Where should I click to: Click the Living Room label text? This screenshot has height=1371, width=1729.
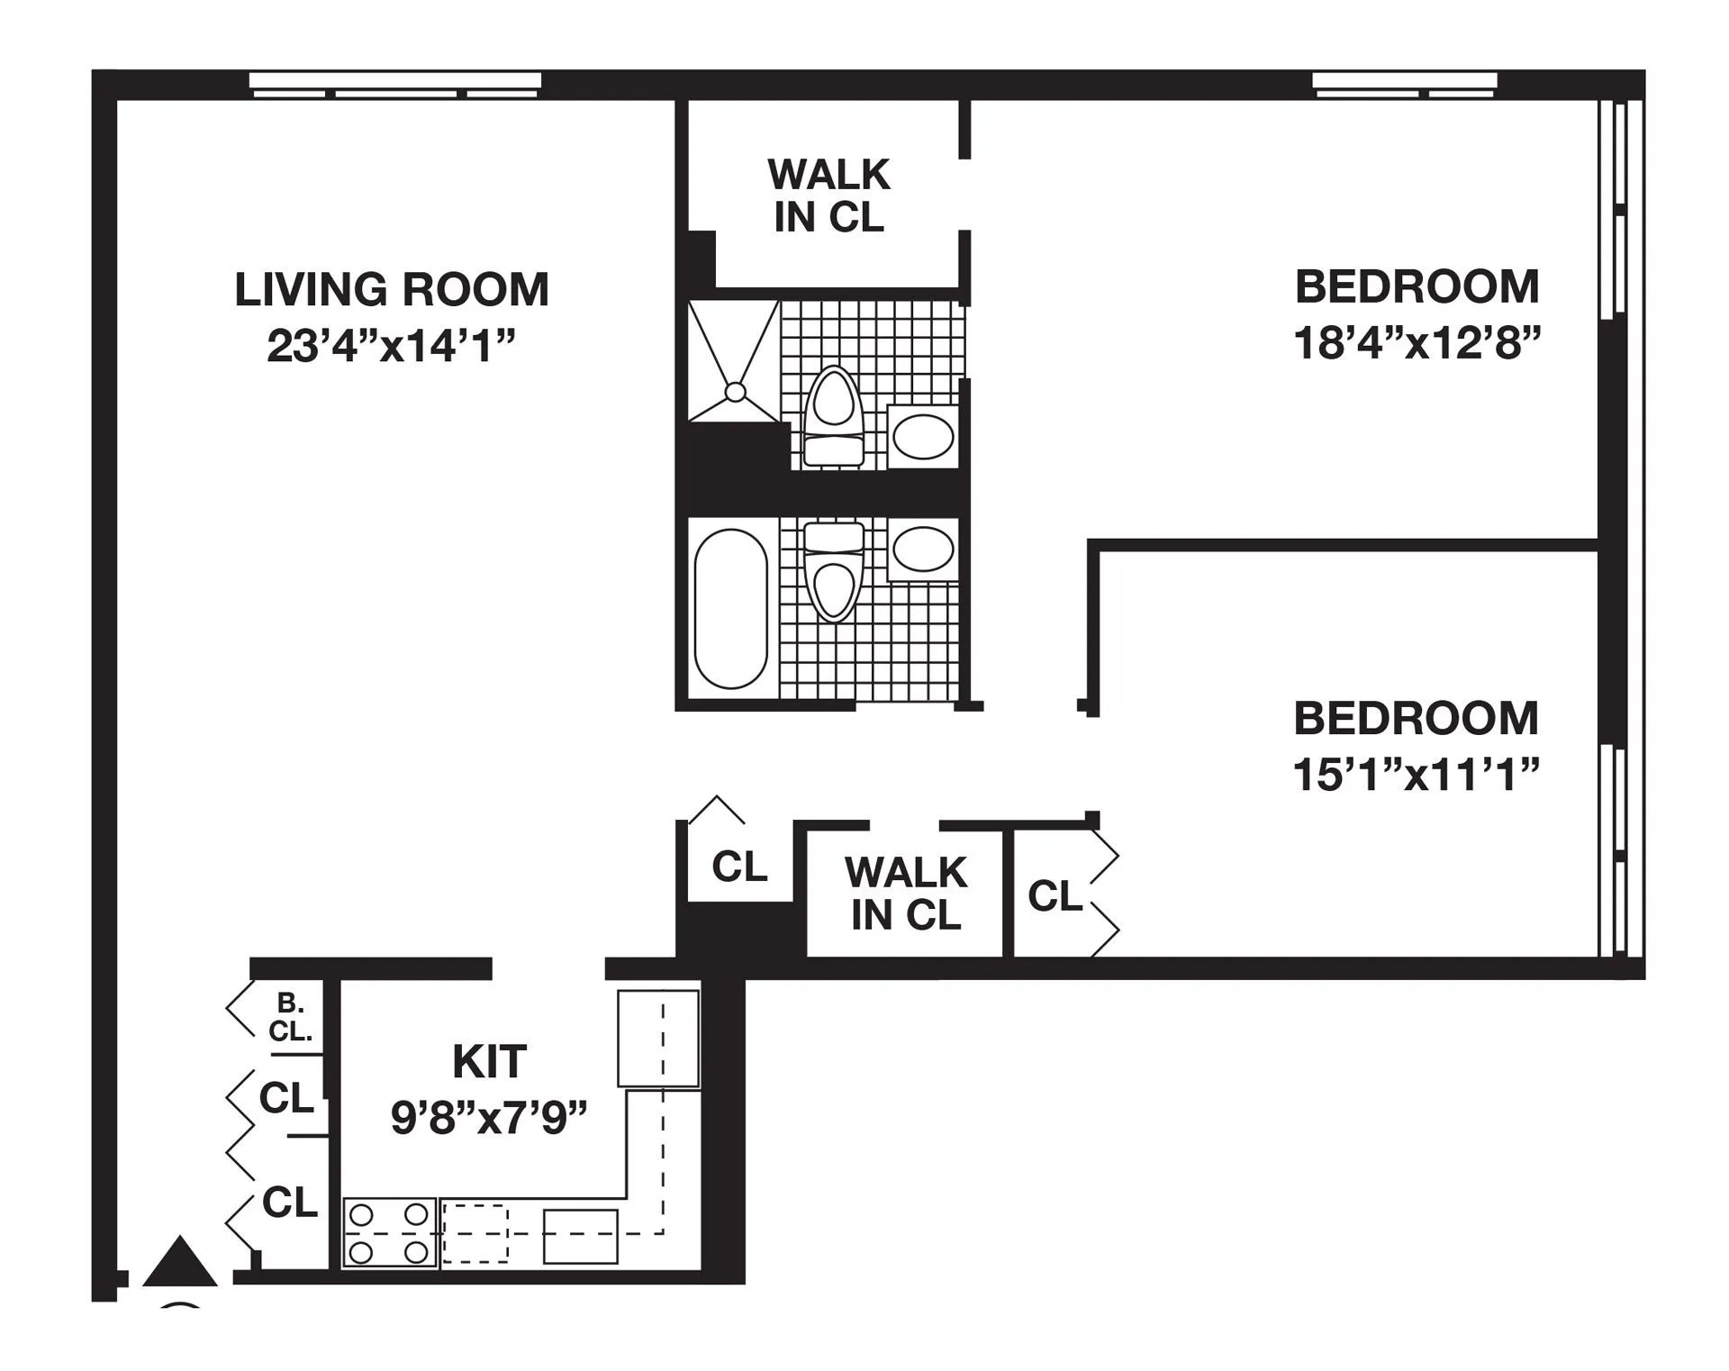pyautogui.click(x=391, y=290)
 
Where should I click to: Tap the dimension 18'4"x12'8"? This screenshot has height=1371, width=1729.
pyautogui.click(x=1417, y=343)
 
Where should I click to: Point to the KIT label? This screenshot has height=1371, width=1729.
pyautogui.click(x=489, y=1062)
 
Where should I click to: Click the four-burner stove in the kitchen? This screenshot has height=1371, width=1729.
pyautogui.click(x=390, y=1233)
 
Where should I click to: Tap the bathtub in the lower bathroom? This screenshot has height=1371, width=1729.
pyautogui.click(x=730, y=608)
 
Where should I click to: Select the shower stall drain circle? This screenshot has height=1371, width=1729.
pyautogui.click(x=735, y=392)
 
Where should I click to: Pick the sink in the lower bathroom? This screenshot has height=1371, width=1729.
pyautogui.click(x=923, y=549)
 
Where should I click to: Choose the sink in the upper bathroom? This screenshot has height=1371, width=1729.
pyautogui.click(x=922, y=437)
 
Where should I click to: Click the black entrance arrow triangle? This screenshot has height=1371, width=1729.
pyautogui.click(x=180, y=1263)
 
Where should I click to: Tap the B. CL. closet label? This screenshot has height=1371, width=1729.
pyautogui.click(x=290, y=1017)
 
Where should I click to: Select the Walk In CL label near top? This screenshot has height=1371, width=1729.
pyautogui.click(x=828, y=195)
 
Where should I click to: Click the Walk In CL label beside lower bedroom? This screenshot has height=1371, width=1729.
pyautogui.click(x=905, y=894)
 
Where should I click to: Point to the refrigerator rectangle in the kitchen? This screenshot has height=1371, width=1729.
pyautogui.click(x=657, y=1038)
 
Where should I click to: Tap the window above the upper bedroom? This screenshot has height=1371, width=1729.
pyautogui.click(x=1404, y=85)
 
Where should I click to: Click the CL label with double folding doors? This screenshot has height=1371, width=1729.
pyautogui.click(x=1055, y=896)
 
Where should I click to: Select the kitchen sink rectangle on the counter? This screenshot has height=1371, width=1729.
pyautogui.click(x=580, y=1236)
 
